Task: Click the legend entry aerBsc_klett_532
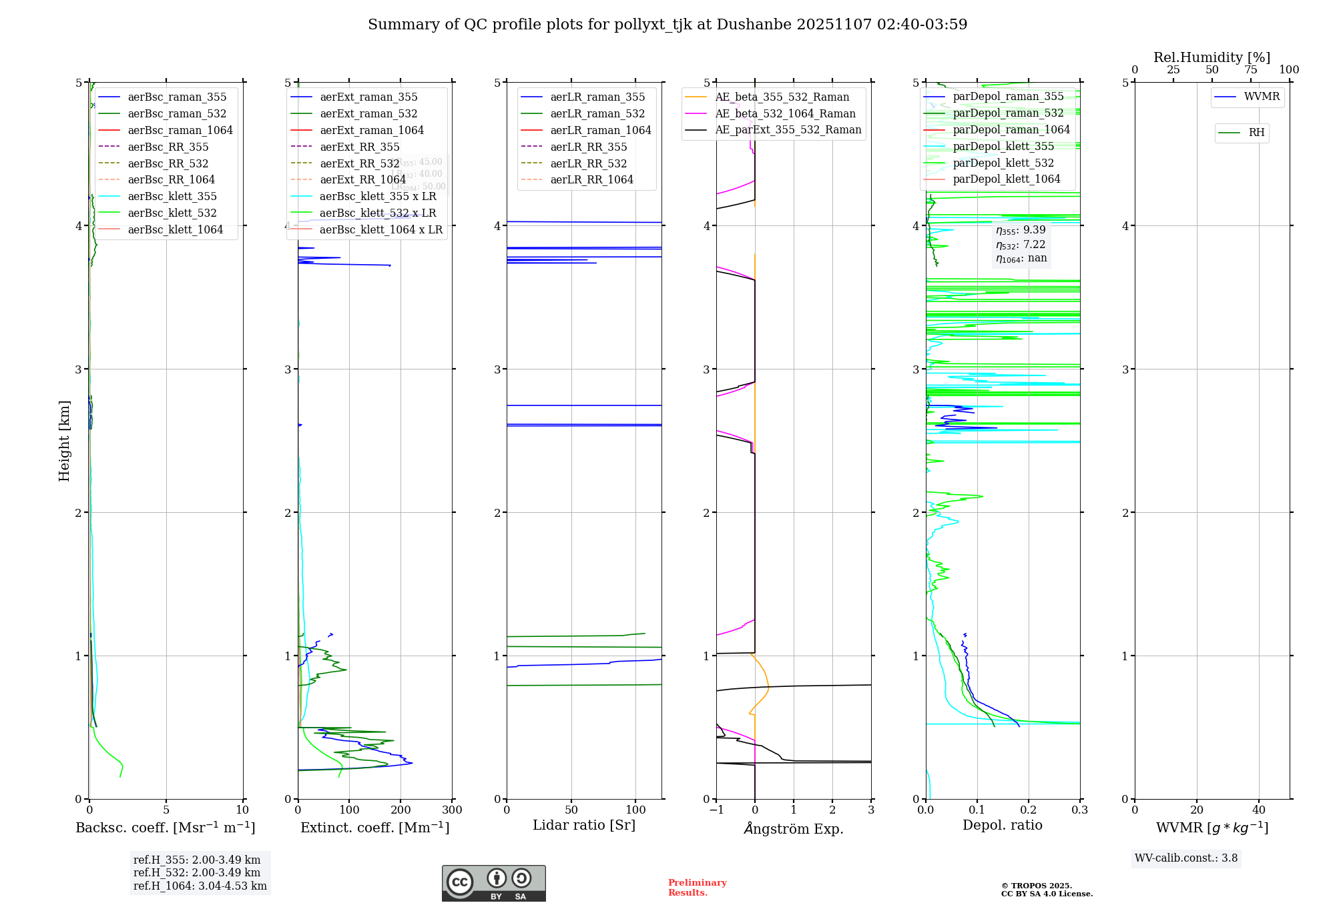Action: [172, 213]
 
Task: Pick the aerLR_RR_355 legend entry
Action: [588, 147]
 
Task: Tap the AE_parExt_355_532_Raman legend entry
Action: [788, 129]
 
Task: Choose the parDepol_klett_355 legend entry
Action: [1003, 146]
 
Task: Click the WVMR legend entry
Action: [1262, 97]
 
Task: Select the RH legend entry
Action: [1256, 133]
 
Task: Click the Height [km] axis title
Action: [64, 441]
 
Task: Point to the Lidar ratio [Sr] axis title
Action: [583, 825]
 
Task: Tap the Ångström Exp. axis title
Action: [793, 828]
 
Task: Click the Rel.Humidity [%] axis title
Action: [1212, 57]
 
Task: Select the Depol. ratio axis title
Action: [1002, 825]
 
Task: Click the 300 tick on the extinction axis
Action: [452, 810]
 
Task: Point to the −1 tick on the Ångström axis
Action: [716, 810]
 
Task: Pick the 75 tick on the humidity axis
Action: [1250, 70]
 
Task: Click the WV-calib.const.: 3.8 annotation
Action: [1185, 858]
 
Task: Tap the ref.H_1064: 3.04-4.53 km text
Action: [200, 886]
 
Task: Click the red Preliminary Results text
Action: [697, 888]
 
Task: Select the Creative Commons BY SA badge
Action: [493, 883]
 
